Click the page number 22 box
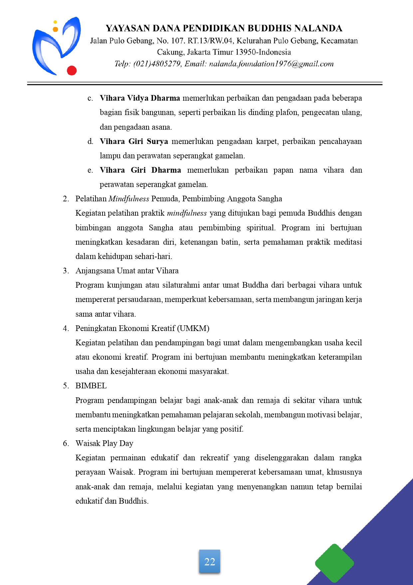pyautogui.click(x=210, y=561)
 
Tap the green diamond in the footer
pyautogui.click(x=334, y=563)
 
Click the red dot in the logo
pyautogui.click(x=72, y=71)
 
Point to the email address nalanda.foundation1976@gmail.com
pyautogui.click(x=271, y=64)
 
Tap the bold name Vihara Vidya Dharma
pyautogui.click(x=140, y=98)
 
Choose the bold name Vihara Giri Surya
pyautogui.click(x=134, y=141)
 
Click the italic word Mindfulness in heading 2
pyautogui.click(x=129, y=199)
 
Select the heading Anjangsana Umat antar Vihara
pyautogui.click(x=127, y=271)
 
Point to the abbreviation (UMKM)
pyautogui.click(x=193, y=328)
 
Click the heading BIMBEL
pyautogui.click(x=91, y=386)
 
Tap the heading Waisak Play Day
pyautogui.click(x=104, y=443)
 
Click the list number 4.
pyautogui.click(x=66, y=328)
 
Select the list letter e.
pyautogui.click(x=90, y=170)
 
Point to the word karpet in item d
pyautogui.click(x=266, y=141)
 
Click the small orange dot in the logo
pyautogui.click(x=56, y=29)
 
